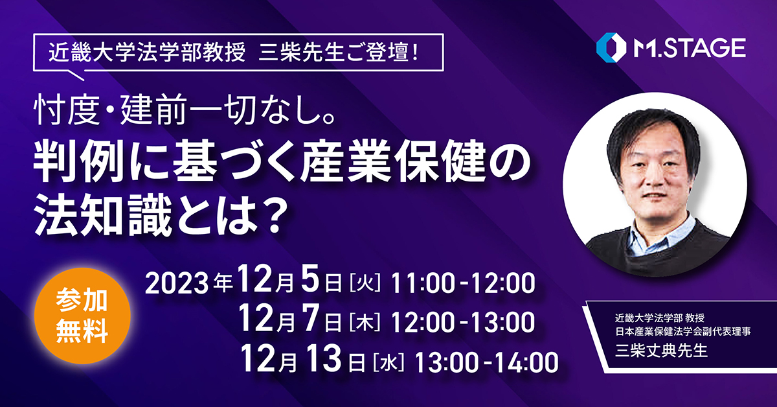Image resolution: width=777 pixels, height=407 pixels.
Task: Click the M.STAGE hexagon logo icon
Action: coord(611,47)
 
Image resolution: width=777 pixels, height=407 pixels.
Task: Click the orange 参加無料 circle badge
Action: coord(82,316)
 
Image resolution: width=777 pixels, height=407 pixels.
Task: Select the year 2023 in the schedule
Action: coord(177,283)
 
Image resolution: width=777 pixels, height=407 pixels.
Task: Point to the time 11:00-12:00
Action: coord(463,283)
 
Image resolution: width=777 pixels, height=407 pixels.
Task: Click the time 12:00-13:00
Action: coord(463,322)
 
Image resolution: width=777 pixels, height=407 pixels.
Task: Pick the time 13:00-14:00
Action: coord(486,362)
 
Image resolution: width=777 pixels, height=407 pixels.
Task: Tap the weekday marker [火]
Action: coord(365,283)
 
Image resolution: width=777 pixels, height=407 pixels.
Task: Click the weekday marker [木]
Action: coord(365,322)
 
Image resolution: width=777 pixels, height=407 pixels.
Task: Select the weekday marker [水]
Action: coord(388,362)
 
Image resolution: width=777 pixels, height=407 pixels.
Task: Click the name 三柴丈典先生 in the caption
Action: coord(661,351)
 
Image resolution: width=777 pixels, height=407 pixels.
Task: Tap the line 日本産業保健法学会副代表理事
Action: coord(683,331)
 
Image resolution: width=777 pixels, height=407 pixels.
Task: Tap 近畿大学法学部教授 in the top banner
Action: coord(147,52)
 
